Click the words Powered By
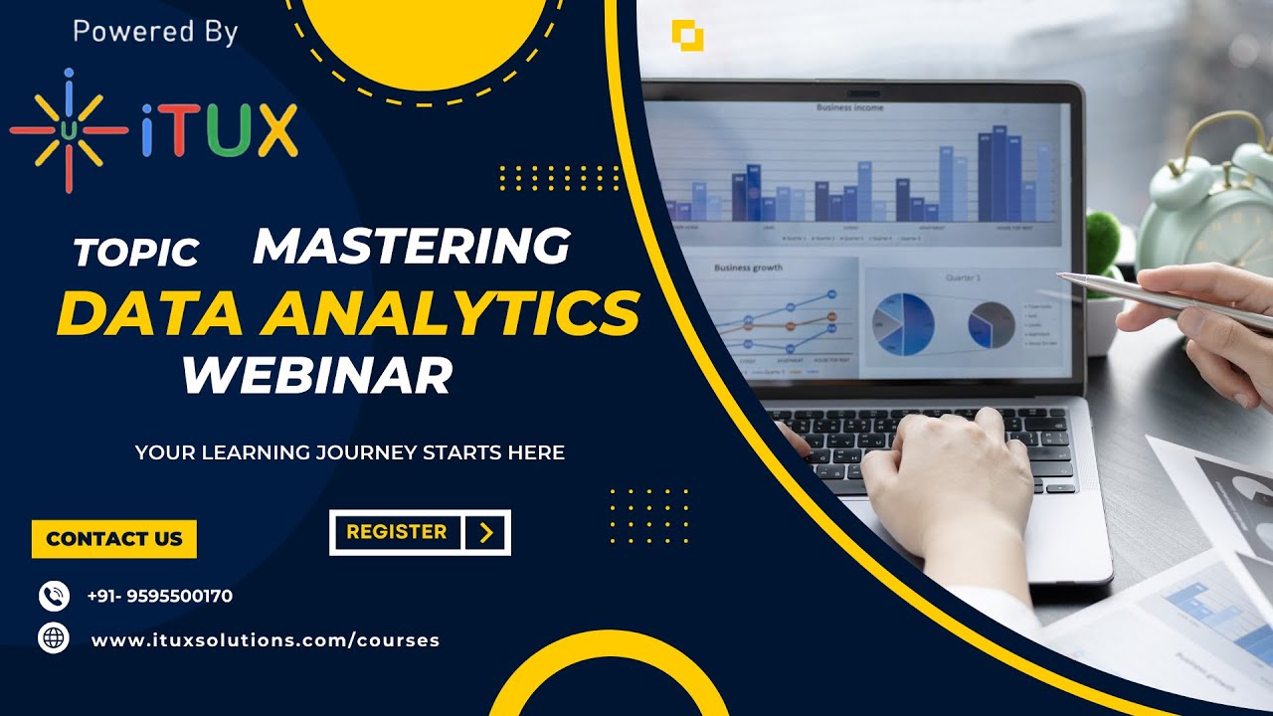tap(155, 32)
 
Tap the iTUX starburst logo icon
tap(69, 130)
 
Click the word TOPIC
tap(136, 253)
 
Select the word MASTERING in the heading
tap(412, 246)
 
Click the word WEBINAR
tap(316, 375)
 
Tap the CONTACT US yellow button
tap(114, 539)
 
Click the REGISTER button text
tap(396, 532)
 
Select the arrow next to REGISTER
tap(486, 533)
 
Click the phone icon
tap(54, 596)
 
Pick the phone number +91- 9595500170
tap(160, 597)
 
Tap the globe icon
tap(54, 637)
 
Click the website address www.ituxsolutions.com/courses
tap(266, 640)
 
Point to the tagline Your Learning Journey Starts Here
tap(349, 452)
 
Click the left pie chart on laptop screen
tap(903, 323)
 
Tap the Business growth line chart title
tap(748, 268)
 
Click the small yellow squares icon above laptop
tap(687, 35)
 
